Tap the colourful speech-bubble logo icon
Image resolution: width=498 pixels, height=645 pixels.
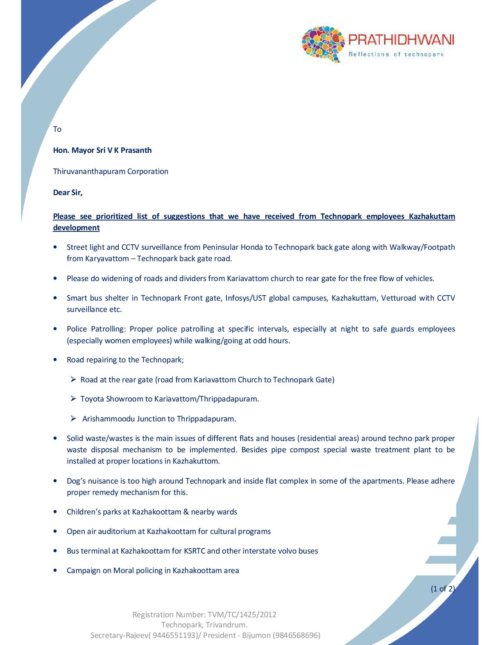(x=323, y=44)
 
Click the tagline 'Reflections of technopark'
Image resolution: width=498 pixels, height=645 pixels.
(x=396, y=54)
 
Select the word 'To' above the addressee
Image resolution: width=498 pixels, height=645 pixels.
(x=57, y=129)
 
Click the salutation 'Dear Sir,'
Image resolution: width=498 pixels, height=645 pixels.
(x=68, y=192)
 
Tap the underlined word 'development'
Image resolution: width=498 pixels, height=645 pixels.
(x=76, y=228)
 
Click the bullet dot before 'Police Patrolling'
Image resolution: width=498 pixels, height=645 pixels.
(x=57, y=329)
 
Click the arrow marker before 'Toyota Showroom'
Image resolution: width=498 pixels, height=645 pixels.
(x=73, y=399)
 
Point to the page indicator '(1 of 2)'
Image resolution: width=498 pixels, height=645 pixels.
(x=443, y=588)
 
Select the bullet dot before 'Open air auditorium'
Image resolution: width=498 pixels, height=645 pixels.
(x=57, y=532)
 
